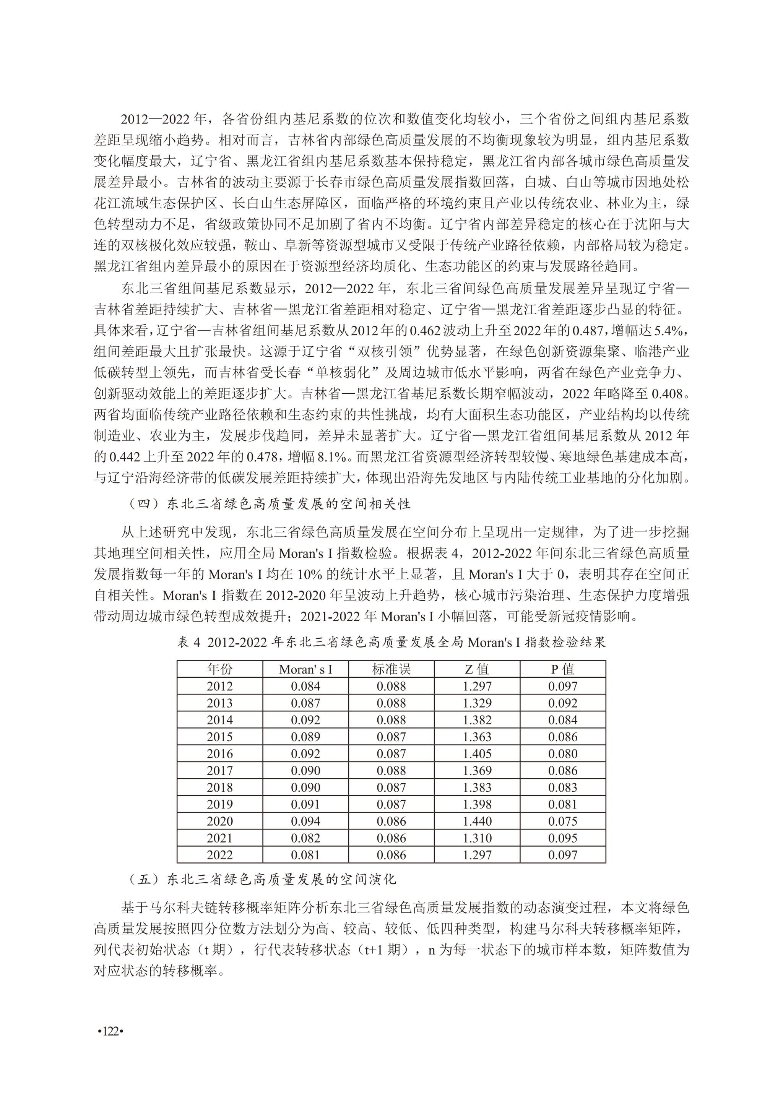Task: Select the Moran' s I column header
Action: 306,669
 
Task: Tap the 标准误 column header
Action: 391,669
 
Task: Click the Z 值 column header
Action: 477,669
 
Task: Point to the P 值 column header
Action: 563,669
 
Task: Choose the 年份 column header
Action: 220,669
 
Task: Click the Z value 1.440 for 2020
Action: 477,821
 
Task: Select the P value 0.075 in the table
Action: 563,821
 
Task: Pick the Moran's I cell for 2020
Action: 306,821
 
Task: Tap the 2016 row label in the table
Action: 220,753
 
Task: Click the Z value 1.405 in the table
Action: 477,753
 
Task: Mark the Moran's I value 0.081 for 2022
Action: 306,855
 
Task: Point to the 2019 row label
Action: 220,804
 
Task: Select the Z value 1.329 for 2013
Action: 477,703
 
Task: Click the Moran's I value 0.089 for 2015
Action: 306,737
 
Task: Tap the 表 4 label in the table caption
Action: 188,643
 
